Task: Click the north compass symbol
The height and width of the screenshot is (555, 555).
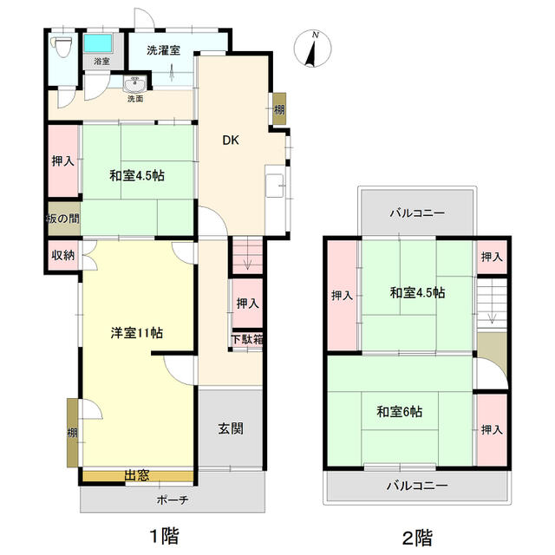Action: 313,49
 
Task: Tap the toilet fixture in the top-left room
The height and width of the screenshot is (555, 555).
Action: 62,46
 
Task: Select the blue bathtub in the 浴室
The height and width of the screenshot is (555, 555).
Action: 98,43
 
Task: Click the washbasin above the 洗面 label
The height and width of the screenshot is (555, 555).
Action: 135,85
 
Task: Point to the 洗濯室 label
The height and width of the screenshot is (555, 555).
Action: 163,50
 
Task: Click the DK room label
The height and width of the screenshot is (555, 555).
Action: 231,140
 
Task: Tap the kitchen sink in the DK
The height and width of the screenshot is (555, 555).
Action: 275,186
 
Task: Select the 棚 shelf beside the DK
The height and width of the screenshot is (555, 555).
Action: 279,108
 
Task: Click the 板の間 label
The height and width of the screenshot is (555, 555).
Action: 63,219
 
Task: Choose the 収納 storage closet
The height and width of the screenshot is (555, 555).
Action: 63,255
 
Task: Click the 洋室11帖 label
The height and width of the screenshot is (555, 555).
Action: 137,333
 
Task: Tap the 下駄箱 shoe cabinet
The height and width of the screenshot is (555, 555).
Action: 247,340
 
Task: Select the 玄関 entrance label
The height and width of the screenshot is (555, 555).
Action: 231,428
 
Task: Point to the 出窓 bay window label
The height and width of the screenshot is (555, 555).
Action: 137,476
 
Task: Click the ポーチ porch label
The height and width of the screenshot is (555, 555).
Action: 173,499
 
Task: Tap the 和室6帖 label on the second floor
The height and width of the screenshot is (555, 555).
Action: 399,412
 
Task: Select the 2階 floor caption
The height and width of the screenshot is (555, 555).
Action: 418,538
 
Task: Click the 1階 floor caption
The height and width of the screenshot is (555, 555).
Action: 165,536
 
